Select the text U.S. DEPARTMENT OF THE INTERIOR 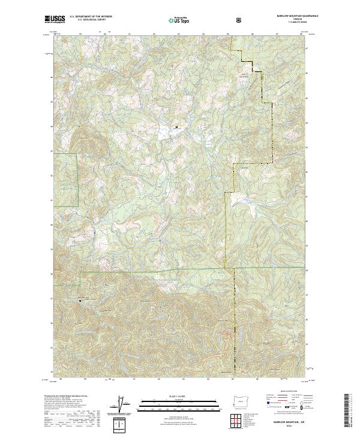coord(91,17)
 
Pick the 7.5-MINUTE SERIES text coord(296,23)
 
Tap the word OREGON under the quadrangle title coord(297,20)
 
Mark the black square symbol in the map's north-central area coord(176,127)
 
